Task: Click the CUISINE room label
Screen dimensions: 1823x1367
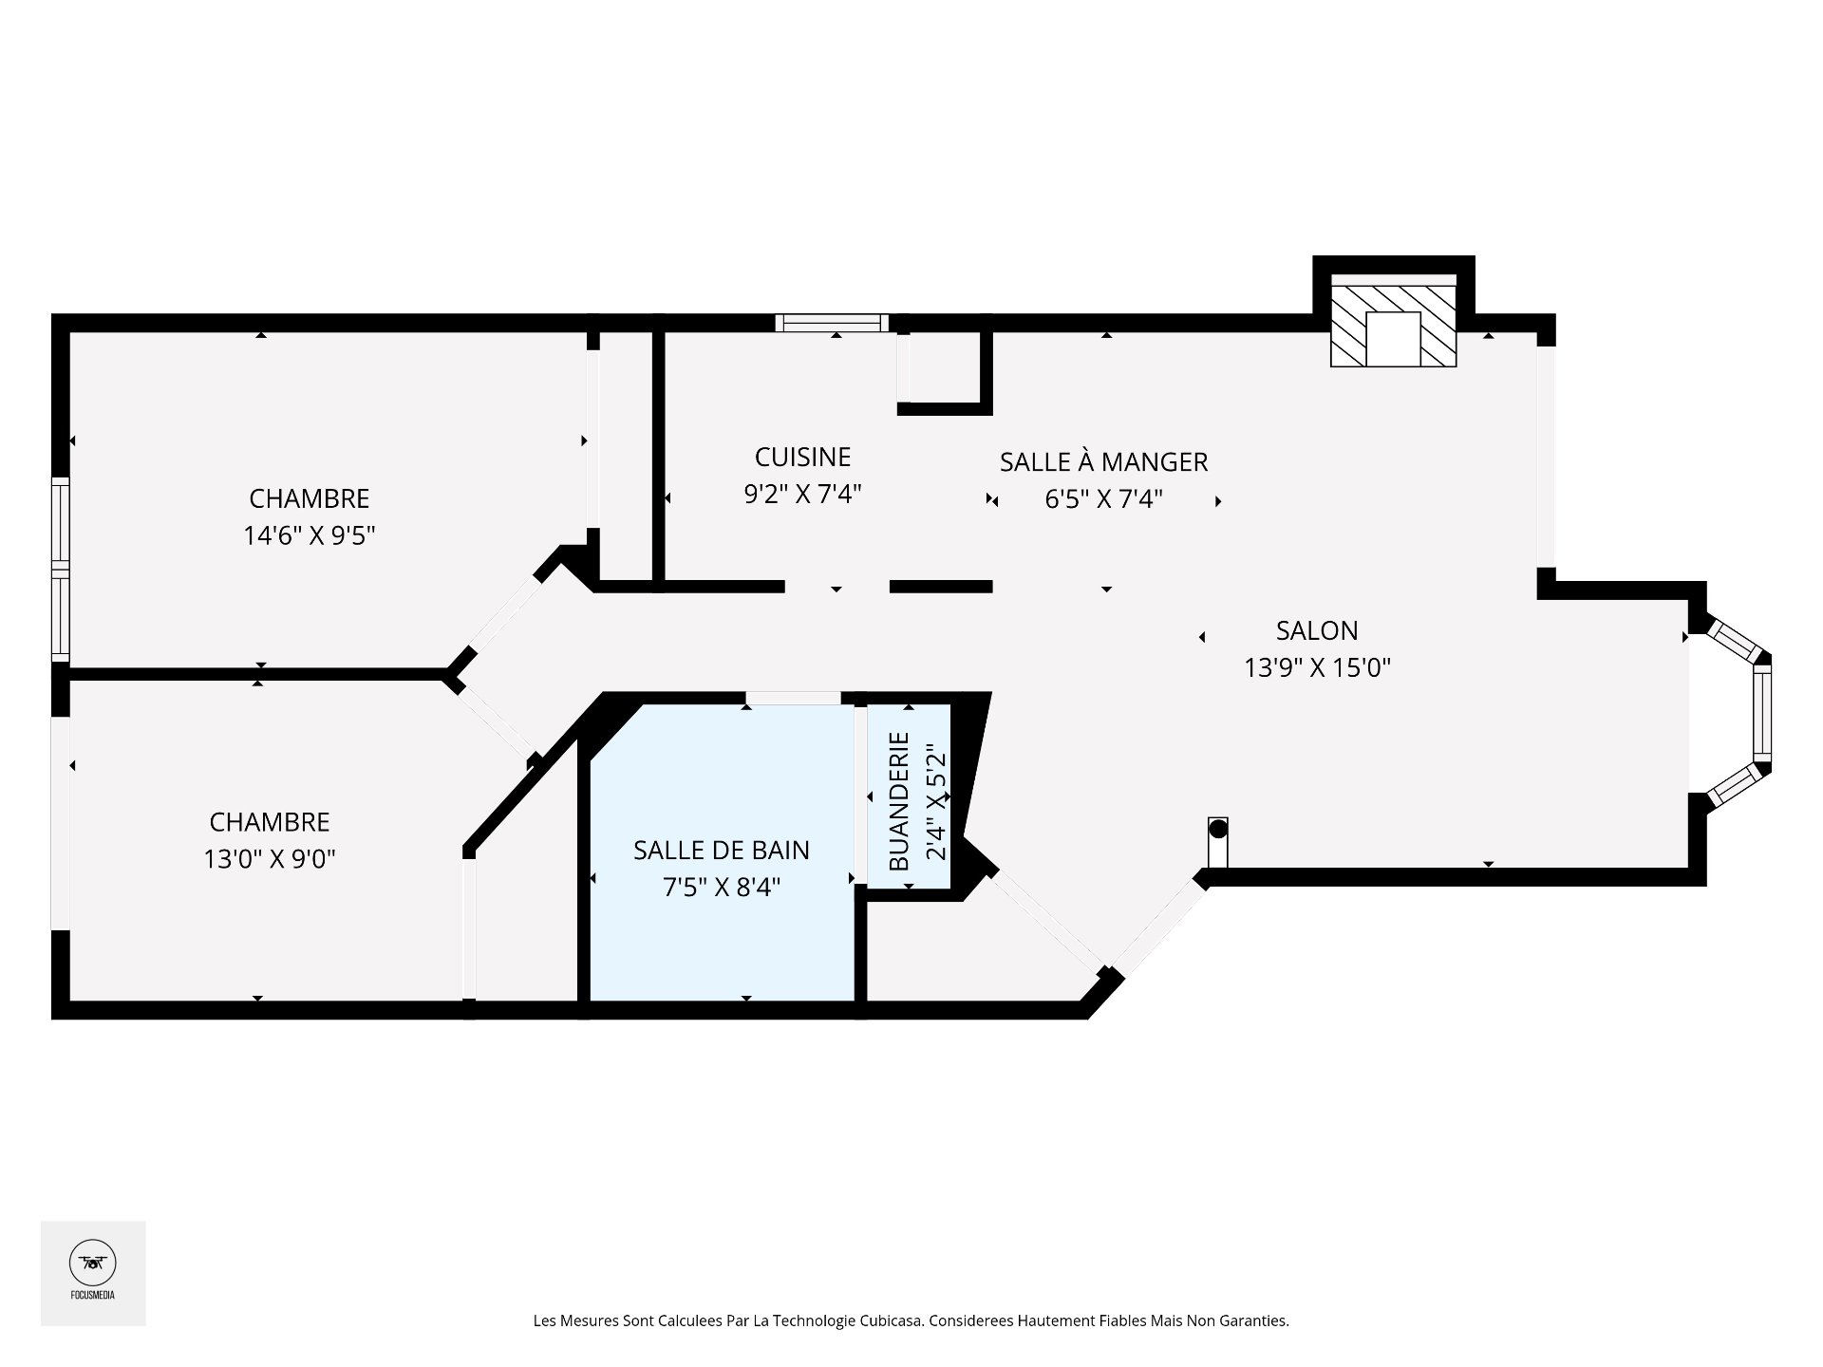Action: pos(802,458)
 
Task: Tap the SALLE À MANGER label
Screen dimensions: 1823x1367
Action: pos(1103,462)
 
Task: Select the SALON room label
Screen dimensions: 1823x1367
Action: pos(1317,630)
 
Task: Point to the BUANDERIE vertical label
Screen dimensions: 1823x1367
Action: pos(899,802)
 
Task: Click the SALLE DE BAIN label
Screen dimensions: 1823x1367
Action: pos(722,851)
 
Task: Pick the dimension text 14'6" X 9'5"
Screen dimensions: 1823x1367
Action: pos(310,536)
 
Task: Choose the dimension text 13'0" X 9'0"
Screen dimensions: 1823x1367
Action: pos(270,859)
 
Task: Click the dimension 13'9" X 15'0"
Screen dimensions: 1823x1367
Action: pos(1317,668)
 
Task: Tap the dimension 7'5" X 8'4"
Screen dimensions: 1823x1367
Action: pos(722,888)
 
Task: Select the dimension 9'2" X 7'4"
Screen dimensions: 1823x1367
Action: pos(802,495)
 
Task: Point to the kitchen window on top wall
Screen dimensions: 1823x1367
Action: pos(832,323)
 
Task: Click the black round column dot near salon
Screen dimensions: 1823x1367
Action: pos(1218,829)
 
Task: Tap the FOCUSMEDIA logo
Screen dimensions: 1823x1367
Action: pos(93,1273)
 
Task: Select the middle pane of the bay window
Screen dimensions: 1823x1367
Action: pos(1762,708)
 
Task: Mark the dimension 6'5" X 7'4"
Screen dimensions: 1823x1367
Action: pos(1103,499)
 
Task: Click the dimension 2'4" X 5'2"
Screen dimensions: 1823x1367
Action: pos(936,802)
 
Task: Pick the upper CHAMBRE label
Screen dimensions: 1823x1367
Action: pos(310,498)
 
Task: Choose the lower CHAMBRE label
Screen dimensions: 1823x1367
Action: pos(270,822)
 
